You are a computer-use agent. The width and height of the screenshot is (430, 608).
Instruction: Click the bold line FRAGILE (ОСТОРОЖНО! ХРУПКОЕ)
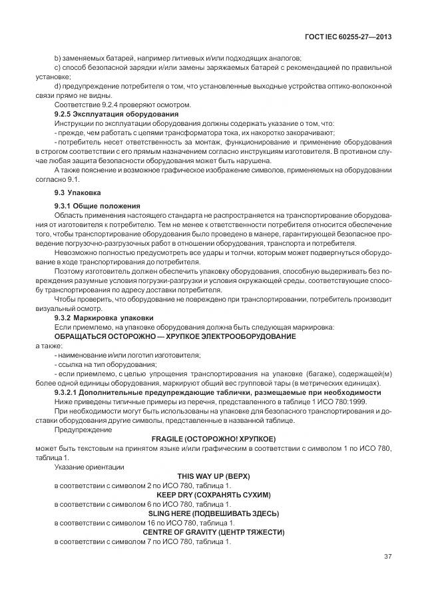213,440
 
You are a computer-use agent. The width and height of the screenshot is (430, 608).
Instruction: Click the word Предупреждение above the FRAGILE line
78,430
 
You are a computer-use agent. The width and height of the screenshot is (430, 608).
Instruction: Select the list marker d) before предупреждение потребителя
57,87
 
